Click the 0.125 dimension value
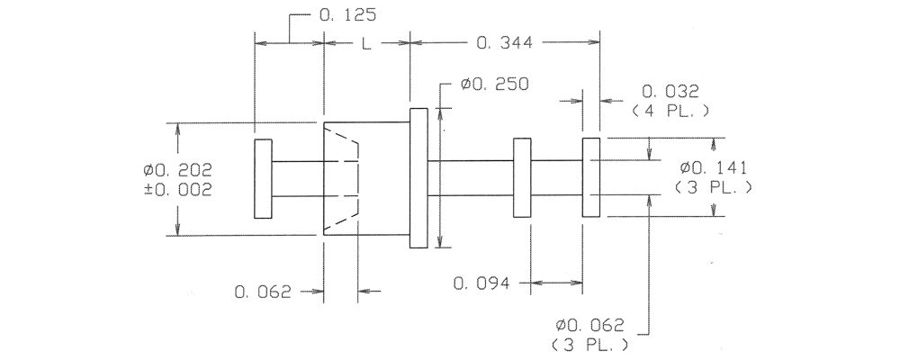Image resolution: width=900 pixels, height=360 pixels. [x=347, y=15]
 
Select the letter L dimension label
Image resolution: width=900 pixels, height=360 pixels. [x=366, y=43]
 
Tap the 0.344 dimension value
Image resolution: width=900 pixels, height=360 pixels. [x=505, y=43]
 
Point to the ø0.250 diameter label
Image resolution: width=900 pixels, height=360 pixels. [x=494, y=85]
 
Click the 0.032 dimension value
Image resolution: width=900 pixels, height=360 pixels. [x=670, y=91]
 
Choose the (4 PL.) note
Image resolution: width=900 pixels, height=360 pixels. [x=670, y=112]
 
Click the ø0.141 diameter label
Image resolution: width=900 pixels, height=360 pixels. [x=713, y=167]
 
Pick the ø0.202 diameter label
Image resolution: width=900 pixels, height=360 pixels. [x=178, y=170]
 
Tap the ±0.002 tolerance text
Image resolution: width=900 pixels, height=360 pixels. [x=178, y=190]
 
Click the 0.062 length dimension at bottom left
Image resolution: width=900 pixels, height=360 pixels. [x=263, y=292]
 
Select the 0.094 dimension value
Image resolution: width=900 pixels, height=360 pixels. [x=481, y=283]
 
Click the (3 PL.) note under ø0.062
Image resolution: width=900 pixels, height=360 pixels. [x=589, y=346]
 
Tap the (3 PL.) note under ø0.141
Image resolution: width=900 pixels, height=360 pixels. [x=714, y=187]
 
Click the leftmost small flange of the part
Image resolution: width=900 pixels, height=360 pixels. [x=264, y=178]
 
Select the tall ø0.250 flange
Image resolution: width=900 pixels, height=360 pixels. [x=418, y=178]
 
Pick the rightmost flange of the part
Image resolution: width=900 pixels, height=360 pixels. [x=591, y=177]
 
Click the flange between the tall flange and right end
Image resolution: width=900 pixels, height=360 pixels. [x=522, y=178]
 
